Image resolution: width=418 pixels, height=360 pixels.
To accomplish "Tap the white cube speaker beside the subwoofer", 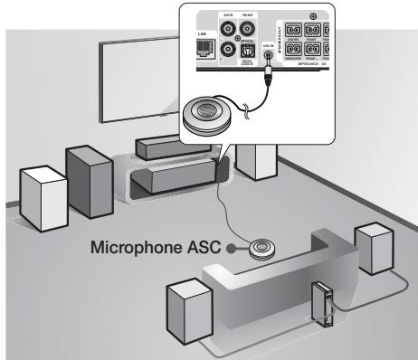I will pyautogui.click(x=43, y=194).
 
